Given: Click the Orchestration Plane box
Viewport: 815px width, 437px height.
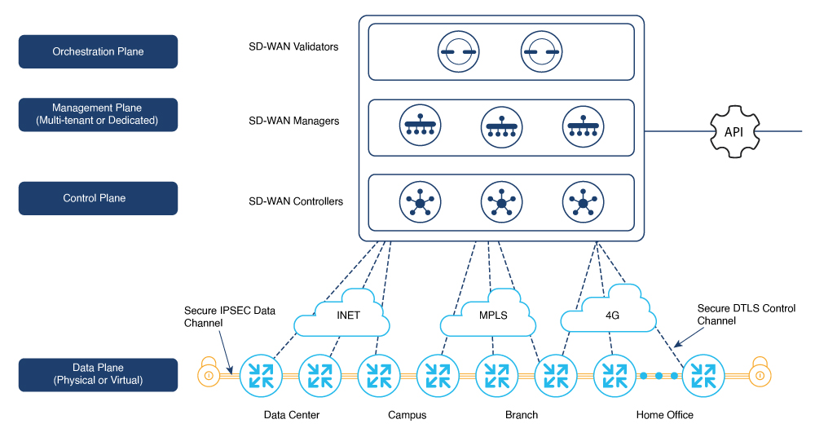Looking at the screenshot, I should [x=98, y=51].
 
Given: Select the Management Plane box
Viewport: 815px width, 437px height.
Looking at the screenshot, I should [x=98, y=115].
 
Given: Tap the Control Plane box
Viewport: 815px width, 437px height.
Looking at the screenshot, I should [x=98, y=198].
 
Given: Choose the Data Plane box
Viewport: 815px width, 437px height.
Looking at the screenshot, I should [x=98, y=374].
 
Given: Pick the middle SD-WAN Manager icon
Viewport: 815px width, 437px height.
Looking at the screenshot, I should [x=501, y=128].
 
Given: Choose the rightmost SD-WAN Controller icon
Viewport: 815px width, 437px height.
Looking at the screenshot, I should [x=582, y=201].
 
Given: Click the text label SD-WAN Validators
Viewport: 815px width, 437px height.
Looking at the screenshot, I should [x=293, y=46].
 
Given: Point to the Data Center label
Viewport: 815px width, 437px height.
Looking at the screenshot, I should [x=292, y=415].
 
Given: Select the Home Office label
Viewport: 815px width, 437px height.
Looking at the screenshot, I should [x=664, y=415].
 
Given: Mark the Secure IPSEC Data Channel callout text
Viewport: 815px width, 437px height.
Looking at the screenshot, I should [x=229, y=316].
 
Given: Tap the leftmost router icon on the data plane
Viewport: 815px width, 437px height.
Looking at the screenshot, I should [x=260, y=375].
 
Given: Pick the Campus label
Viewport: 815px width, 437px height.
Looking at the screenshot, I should [x=407, y=415].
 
